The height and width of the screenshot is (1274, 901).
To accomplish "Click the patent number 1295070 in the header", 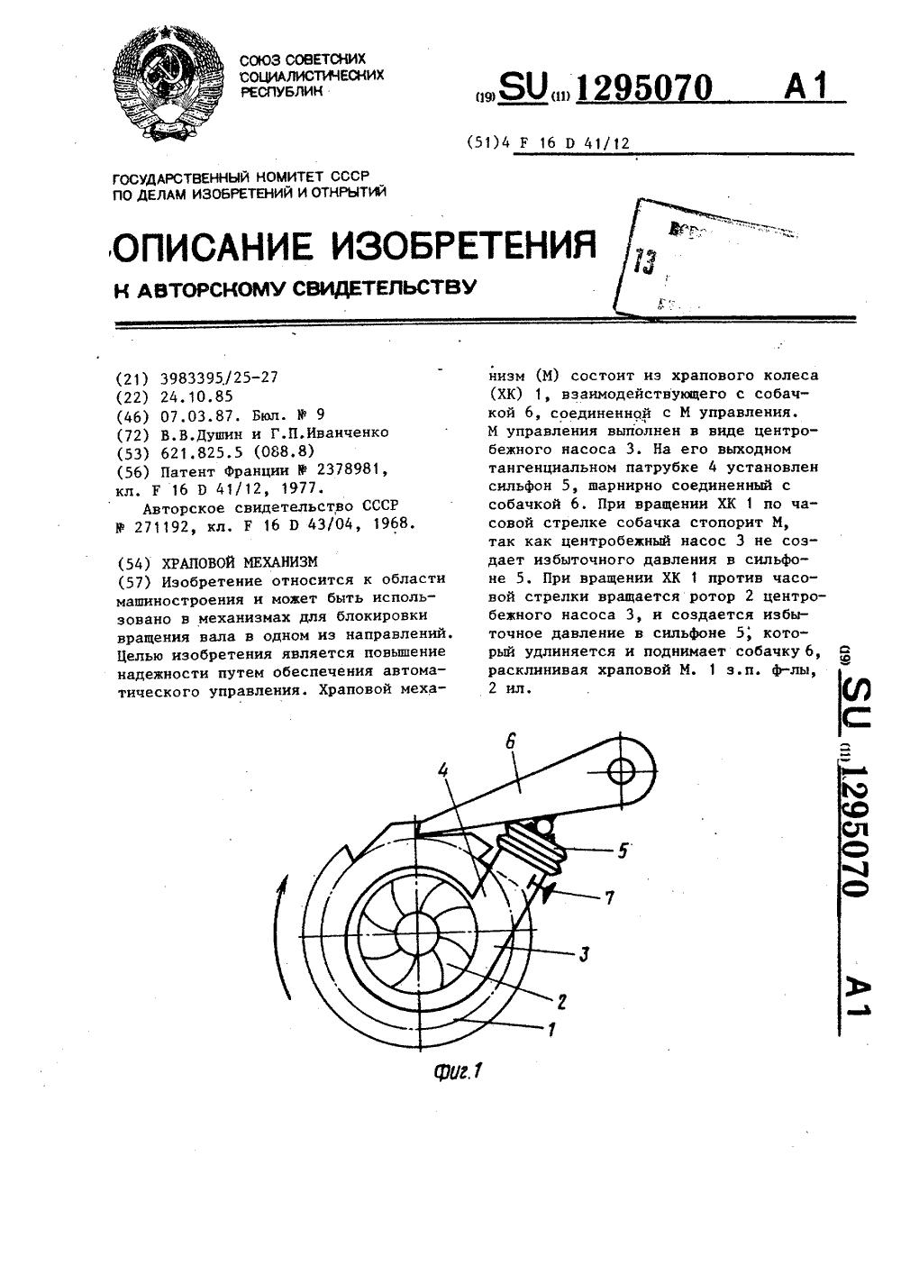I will pyautogui.click(x=643, y=87).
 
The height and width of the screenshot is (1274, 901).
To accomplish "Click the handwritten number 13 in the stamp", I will pyautogui.click(x=645, y=262).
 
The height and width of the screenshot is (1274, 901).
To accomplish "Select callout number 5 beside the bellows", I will pyautogui.click(x=623, y=849).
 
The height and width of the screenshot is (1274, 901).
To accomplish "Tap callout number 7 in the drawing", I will pyautogui.click(x=610, y=896).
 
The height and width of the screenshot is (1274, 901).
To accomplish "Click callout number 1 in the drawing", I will pyautogui.click(x=551, y=1027).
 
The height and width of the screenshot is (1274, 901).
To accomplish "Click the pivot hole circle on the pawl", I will pyautogui.click(x=622, y=771).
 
